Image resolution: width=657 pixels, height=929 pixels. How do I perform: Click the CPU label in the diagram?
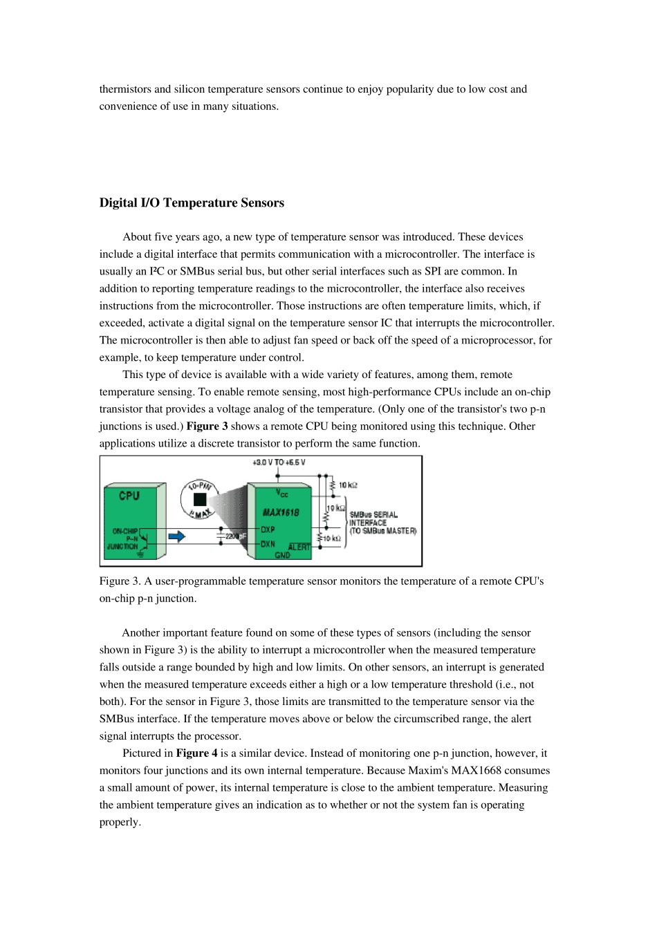129,496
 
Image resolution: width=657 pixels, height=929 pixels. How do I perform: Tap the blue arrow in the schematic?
177,537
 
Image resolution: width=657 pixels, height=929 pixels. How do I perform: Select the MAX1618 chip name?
281,513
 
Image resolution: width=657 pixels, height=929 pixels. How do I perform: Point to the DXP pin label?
268,529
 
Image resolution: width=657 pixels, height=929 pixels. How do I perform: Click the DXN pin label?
268,544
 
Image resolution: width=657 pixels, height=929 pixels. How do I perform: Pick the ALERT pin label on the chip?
299,547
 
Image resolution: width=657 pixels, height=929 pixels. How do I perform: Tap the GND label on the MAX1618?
283,555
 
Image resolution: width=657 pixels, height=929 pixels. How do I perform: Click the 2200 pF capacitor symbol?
221,536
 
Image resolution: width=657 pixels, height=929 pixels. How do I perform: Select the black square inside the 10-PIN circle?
200,500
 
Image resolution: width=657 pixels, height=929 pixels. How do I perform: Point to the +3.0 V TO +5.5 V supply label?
279,462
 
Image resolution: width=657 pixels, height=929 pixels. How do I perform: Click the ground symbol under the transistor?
142,554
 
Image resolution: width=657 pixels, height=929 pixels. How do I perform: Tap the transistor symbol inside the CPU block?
143,538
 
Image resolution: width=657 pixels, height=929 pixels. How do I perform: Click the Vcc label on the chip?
282,493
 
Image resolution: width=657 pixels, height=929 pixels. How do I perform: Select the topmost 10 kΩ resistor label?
349,485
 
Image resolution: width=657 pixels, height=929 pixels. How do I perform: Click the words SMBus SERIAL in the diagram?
373,515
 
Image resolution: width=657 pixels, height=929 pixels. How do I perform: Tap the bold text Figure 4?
196,753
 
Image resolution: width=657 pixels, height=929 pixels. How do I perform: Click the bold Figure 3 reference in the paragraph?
207,426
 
